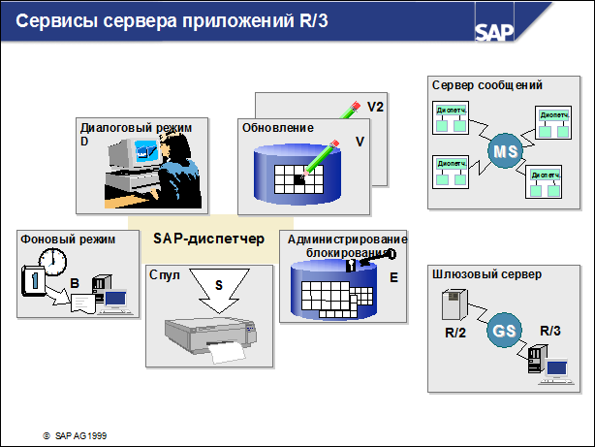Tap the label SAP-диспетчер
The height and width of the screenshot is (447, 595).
(208, 238)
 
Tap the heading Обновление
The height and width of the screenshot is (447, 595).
(277, 128)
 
